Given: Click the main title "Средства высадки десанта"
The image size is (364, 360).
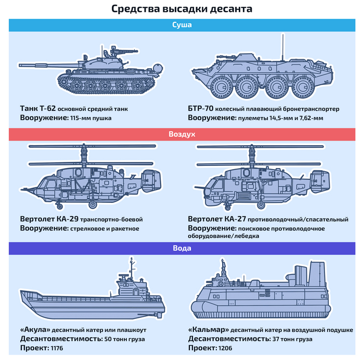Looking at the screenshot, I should (182, 9).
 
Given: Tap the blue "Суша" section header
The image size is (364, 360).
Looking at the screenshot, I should (182, 24).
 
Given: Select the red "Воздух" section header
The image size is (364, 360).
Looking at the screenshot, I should (182, 134).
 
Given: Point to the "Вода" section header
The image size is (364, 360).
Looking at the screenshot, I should (182, 248).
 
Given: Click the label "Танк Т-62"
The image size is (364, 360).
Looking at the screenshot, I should (37, 109).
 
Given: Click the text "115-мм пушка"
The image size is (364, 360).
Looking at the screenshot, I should (90, 118).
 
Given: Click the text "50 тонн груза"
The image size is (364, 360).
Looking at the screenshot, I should (125, 339).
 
